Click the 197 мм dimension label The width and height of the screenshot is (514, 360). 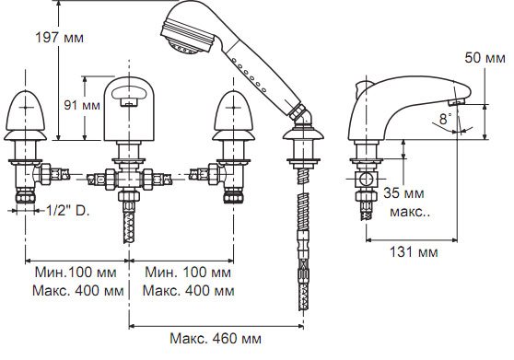pyautogui.click(x=59, y=38)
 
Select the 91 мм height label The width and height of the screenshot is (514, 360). pyautogui.click(x=82, y=105)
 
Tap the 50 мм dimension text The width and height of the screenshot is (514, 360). pyautogui.click(x=485, y=58)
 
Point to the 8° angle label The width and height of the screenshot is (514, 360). pyautogui.click(x=445, y=119)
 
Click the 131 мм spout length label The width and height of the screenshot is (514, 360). pyautogui.click(x=414, y=252)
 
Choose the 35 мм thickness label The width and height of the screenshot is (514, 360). pyautogui.click(x=403, y=193)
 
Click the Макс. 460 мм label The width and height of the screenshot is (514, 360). pyautogui.click(x=216, y=339)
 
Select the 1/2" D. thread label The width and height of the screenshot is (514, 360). pyautogui.click(x=67, y=211)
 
